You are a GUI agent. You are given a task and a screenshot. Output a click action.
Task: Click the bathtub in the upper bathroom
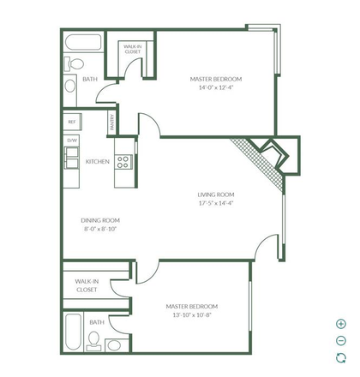(x=83, y=43)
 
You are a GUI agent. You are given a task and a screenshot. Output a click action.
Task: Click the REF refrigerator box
(x=72, y=122)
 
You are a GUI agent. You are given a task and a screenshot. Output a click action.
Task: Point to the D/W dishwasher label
(x=72, y=140)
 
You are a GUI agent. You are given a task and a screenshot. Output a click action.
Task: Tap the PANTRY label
(x=111, y=123)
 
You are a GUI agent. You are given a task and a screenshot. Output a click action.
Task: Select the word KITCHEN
(x=97, y=161)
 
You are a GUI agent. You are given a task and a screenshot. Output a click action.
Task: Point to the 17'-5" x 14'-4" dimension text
(x=215, y=203)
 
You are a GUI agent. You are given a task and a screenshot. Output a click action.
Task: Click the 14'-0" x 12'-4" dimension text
(x=215, y=86)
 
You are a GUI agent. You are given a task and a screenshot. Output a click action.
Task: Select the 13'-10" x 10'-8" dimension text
(x=191, y=314)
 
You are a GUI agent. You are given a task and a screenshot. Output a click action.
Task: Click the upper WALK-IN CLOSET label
(x=133, y=49)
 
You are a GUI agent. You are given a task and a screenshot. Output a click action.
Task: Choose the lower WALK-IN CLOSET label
(x=86, y=285)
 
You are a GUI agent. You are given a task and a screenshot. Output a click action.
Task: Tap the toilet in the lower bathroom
(x=113, y=344)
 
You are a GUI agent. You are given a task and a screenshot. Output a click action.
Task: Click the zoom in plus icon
(x=340, y=324)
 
